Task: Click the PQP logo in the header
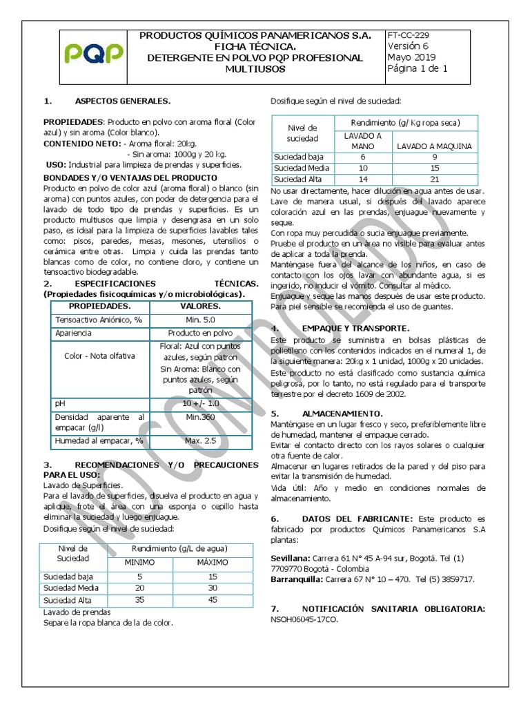click(93, 52)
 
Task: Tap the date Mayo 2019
click(411, 57)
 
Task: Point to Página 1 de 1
click(418, 68)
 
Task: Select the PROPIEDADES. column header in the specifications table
click(99, 305)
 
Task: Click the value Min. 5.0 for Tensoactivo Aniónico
click(200, 320)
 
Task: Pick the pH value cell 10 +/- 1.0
click(200, 403)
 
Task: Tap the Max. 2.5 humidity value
click(200, 440)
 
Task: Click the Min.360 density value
click(200, 417)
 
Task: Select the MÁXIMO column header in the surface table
click(213, 563)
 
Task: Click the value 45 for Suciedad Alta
click(213, 600)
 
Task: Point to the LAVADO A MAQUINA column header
click(433, 146)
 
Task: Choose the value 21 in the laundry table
click(434, 180)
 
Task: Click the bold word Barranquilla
click(300, 579)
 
